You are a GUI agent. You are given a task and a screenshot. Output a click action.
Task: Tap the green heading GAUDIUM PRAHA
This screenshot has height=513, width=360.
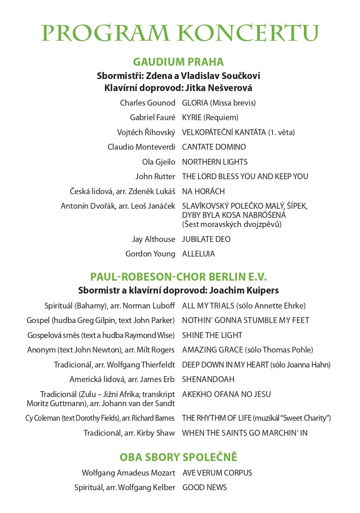(x=178, y=62)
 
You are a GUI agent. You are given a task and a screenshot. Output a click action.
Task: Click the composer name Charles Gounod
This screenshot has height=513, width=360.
(x=148, y=103)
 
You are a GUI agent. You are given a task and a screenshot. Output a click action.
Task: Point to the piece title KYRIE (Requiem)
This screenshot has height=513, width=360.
(x=210, y=118)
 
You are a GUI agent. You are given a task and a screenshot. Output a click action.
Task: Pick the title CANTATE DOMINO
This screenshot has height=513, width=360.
(x=214, y=147)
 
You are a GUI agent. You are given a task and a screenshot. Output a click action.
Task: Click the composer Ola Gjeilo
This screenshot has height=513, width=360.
(x=159, y=162)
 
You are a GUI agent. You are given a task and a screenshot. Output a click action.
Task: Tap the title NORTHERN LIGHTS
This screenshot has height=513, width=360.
(x=215, y=162)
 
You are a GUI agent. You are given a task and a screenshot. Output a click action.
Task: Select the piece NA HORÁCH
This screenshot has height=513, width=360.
(x=203, y=191)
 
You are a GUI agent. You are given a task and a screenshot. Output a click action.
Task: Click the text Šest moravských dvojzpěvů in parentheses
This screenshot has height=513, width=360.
(x=232, y=224)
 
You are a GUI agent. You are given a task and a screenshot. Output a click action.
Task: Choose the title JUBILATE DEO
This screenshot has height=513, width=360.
(x=206, y=239)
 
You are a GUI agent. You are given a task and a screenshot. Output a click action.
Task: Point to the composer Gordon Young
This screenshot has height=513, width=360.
(x=150, y=254)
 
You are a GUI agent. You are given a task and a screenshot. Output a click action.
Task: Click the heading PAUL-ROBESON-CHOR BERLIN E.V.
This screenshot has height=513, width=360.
(x=178, y=277)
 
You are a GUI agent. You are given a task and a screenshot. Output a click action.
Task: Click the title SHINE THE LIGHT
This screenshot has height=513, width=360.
(x=212, y=335)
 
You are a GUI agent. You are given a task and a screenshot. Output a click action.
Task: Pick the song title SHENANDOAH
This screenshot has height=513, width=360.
(x=208, y=380)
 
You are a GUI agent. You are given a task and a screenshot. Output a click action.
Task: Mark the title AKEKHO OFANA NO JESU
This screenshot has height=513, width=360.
(x=226, y=394)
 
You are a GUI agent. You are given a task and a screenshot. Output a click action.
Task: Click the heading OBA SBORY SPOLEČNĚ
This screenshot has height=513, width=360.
(x=178, y=457)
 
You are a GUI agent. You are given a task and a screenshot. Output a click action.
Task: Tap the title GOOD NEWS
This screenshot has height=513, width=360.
(x=205, y=488)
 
